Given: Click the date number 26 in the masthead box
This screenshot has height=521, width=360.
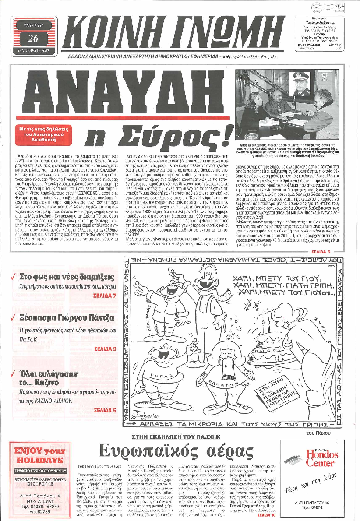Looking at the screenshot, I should [33, 39].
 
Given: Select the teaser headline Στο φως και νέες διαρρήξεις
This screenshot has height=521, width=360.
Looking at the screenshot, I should [67, 277].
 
